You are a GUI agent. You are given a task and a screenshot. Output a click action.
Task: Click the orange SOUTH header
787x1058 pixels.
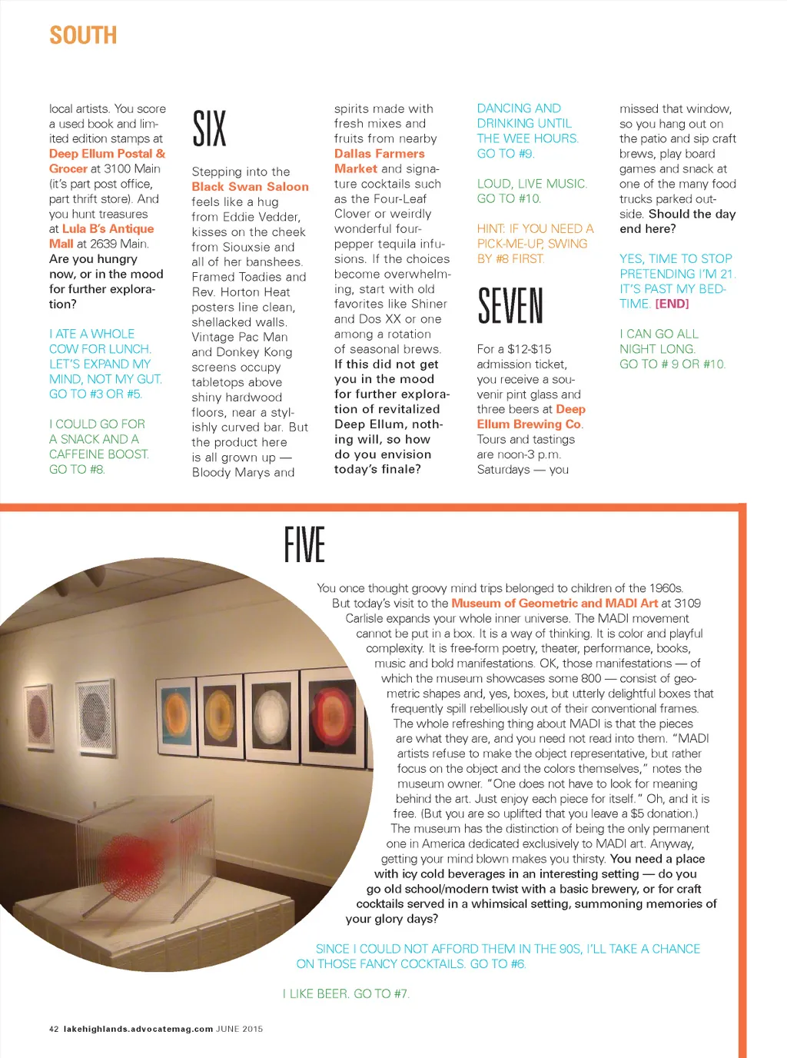[83, 35]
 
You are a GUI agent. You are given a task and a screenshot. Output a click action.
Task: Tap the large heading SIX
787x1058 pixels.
[209, 128]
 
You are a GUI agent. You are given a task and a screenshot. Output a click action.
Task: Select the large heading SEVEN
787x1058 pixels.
[510, 305]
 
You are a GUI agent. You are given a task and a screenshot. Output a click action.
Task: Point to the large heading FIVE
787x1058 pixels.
[304, 544]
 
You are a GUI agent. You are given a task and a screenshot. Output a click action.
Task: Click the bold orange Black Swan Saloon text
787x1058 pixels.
[250, 187]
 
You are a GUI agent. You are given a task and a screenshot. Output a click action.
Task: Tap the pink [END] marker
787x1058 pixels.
[672, 304]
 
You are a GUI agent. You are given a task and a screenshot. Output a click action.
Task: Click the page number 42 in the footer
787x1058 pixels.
[54, 1029]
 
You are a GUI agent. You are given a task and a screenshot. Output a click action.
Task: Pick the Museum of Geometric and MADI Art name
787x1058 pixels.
[554, 604]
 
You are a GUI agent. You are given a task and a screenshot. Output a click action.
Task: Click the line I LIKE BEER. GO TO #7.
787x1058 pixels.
[346, 994]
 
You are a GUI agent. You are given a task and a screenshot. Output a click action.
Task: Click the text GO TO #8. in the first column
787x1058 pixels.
[77, 469]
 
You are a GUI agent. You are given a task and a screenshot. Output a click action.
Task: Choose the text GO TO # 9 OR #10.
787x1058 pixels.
[672, 364]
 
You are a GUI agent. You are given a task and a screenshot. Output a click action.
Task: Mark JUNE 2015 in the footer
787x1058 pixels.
[240, 1029]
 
